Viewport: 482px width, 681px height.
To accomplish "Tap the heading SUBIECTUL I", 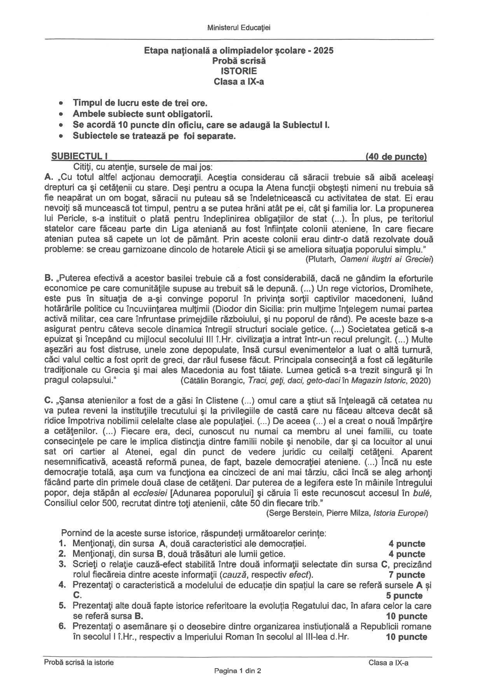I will pyautogui.click(x=79, y=156).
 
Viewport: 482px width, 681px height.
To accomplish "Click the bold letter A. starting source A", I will pyautogui.click(x=49, y=177).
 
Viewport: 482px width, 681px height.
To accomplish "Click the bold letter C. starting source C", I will pyautogui.click(x=49, y=401).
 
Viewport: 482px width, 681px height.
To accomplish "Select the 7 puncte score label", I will pyautogui.click(x=407, y=575).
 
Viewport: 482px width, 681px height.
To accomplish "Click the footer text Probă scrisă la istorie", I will pyautogui.click(x=79, y=663).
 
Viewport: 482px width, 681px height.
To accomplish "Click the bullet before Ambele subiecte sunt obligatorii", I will pyautogui.click(x=60, y=115).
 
